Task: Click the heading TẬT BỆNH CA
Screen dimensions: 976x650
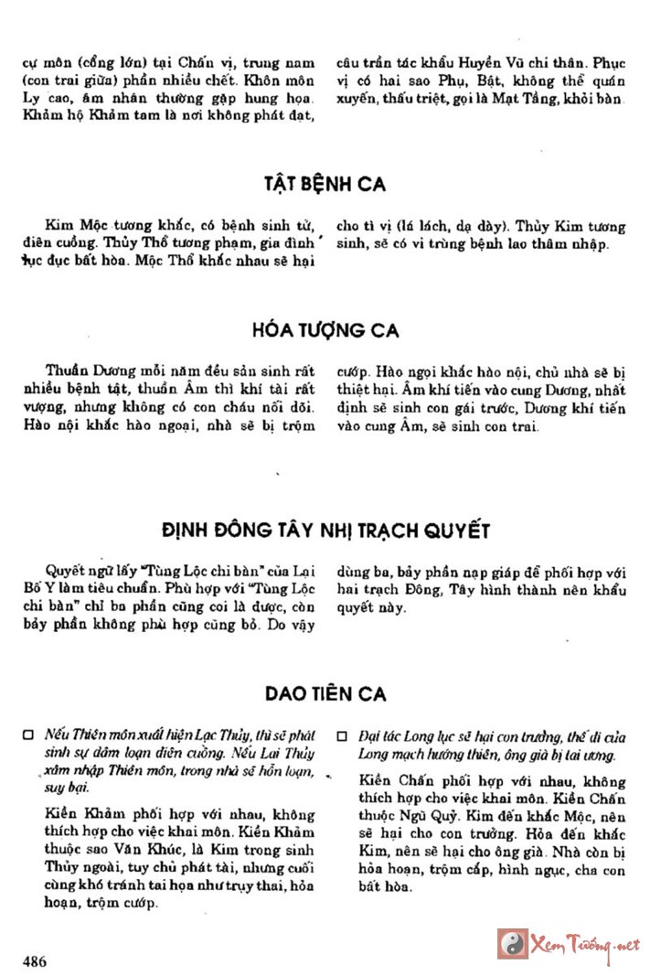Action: [325, 185]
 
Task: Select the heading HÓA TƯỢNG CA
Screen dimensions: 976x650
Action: [325, 329]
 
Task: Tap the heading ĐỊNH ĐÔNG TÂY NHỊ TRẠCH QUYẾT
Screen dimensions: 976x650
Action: [325, 531]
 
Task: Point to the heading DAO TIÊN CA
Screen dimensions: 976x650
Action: [325, 694]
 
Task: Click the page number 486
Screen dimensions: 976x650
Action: [36, 961]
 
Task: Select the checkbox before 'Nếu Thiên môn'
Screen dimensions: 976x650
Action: [28, 735]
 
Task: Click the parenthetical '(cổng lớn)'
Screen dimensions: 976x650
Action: [88, 65]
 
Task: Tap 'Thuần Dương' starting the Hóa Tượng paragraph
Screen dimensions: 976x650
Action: [81, 371]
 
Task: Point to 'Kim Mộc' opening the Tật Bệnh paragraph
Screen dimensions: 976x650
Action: [72, 226]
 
